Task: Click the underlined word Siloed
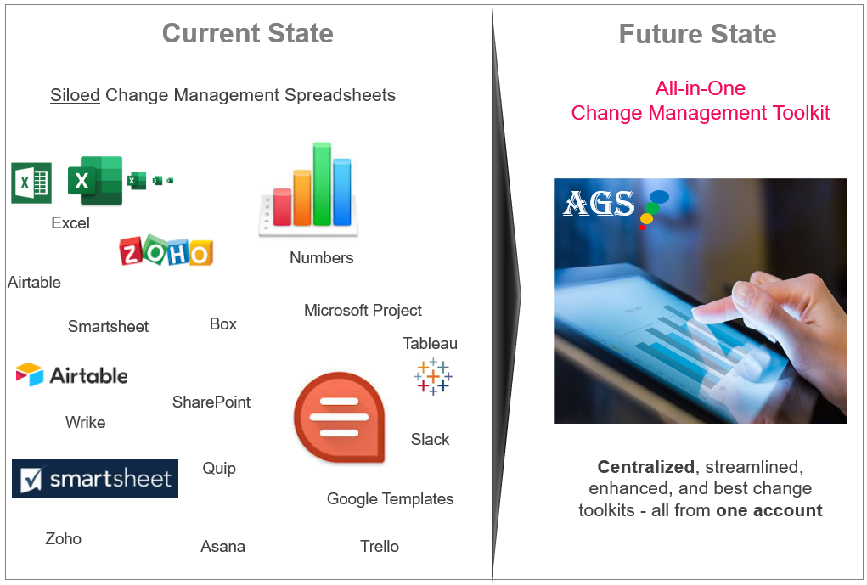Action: (x=75, y=95)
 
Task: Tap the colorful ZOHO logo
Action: (x=166, y=251)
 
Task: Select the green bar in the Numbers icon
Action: (x=322, y=184)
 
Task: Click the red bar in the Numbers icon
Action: (x=282, y=207)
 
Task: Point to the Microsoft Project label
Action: (x=363, y=310)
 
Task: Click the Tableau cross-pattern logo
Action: (x=433, y=376)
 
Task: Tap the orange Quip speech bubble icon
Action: (x=340, y=418)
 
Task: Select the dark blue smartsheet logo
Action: (x=95, y=479)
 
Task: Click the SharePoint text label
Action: (x=211, y=402)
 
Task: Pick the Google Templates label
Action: (x=390, y=498)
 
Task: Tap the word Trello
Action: (x=380, y=546)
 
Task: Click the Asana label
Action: (x=222, y=546)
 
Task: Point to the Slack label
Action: (x=430, y=440)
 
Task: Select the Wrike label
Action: (x=85, y=423)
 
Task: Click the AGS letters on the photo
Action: (x=599, y=203)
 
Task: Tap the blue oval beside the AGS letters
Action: (x=659, y=196)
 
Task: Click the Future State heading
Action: (x=698, y=34)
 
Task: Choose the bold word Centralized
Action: (x=646, y=467)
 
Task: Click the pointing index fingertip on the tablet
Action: (x=702, y=313)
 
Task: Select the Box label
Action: (x=222, y=324)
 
